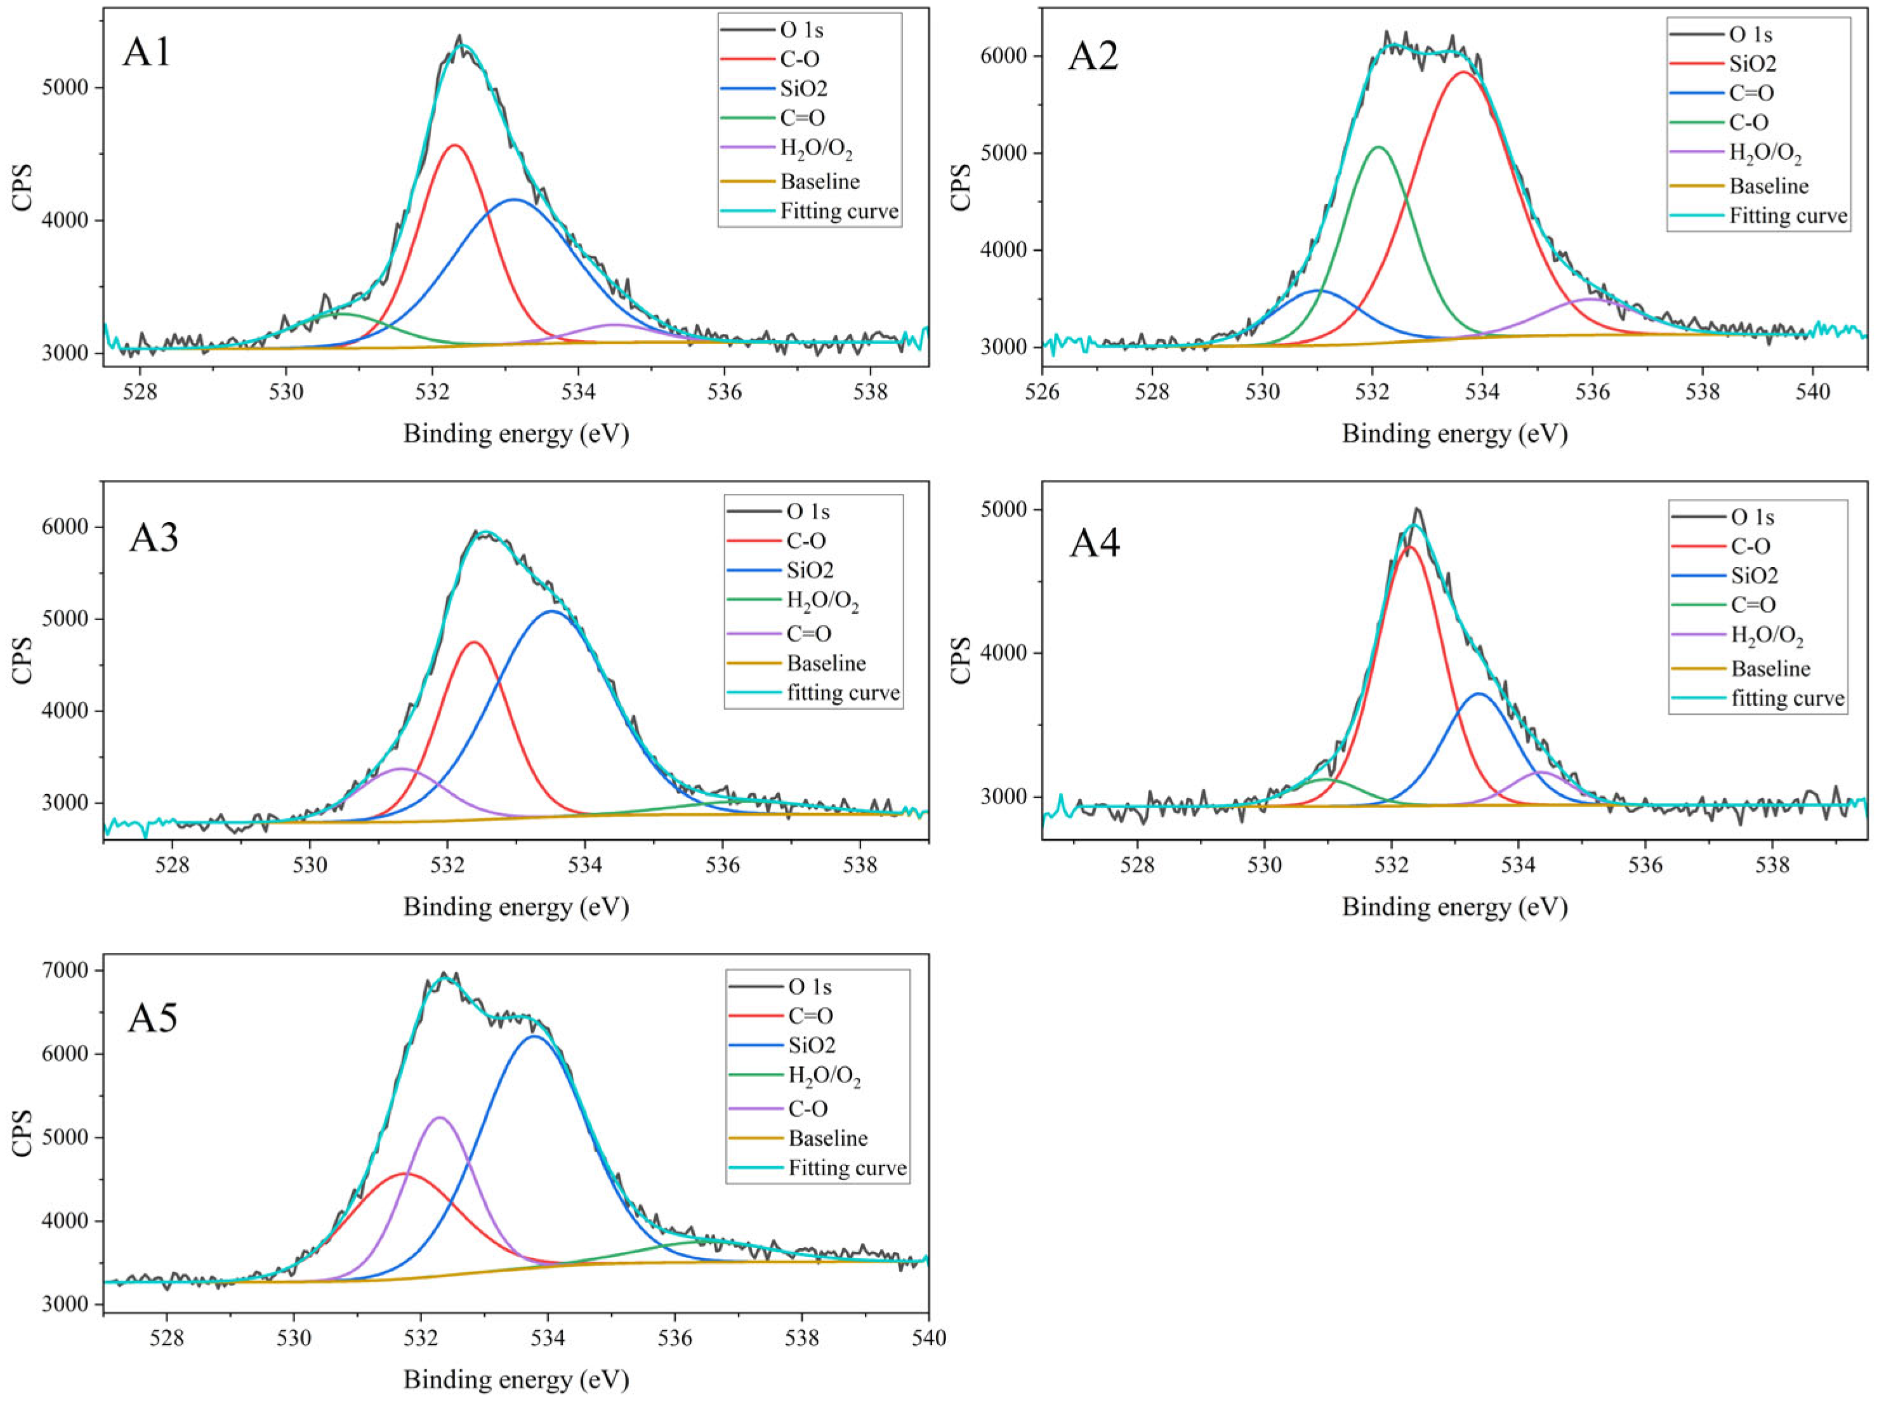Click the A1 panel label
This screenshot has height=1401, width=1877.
tap(147, 53)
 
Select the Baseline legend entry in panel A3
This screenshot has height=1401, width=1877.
tap(825, 663)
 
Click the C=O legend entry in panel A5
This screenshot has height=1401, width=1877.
tap(810, 1015)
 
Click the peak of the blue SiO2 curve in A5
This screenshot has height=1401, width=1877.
tap(534, 1037)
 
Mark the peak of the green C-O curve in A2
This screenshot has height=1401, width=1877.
tap(1378, 147)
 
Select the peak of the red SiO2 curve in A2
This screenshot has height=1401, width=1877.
tap(1464, 73)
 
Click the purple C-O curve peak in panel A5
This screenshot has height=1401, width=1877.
tap(440, 1118)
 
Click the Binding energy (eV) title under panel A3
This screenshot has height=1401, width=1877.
tap(515, 906)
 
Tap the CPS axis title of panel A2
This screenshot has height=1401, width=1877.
tap(961, 186)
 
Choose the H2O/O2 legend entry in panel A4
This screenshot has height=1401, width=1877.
tap(1766, 636)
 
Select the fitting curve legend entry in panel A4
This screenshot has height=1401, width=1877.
tap(1787, 698)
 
